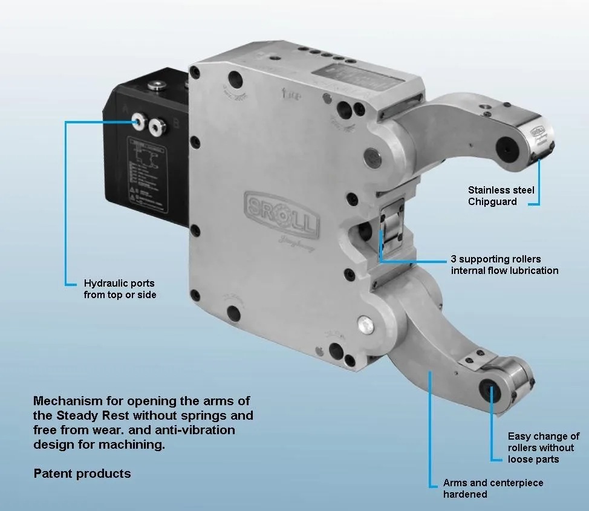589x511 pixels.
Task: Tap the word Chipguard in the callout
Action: (492, 201)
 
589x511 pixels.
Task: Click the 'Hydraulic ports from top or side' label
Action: (120, 288)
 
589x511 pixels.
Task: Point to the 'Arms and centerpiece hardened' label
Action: (493, 488)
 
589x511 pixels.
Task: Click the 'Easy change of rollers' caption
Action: (543, 448)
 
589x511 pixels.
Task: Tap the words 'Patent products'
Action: (82, 473)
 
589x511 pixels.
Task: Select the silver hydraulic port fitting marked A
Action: (142, 123)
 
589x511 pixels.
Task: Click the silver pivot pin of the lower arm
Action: (365, 325)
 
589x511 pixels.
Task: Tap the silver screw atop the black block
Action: (160, 85)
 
